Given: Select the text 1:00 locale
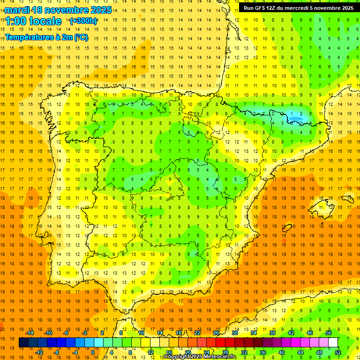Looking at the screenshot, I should click(x=34, y=21).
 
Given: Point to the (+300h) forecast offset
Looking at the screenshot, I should click(x=83, y=21).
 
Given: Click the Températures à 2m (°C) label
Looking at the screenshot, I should click(x=46, y=37).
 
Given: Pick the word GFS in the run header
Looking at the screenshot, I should click(x=262, y=8).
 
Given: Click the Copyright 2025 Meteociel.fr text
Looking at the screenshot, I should click(x=201, y=357).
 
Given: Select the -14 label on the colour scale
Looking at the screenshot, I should click(x=29, y=333).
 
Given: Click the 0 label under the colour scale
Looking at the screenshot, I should click(x=93, y=352).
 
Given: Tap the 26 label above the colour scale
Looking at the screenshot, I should click(x=216, y=333).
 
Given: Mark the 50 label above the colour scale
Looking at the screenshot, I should click(x=329, y=333).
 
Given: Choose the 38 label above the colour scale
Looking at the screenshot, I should click(x=272, y=333).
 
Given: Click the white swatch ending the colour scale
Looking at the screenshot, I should click(x=333, y=342).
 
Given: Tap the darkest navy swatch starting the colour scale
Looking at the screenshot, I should click(x=24, y=342).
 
